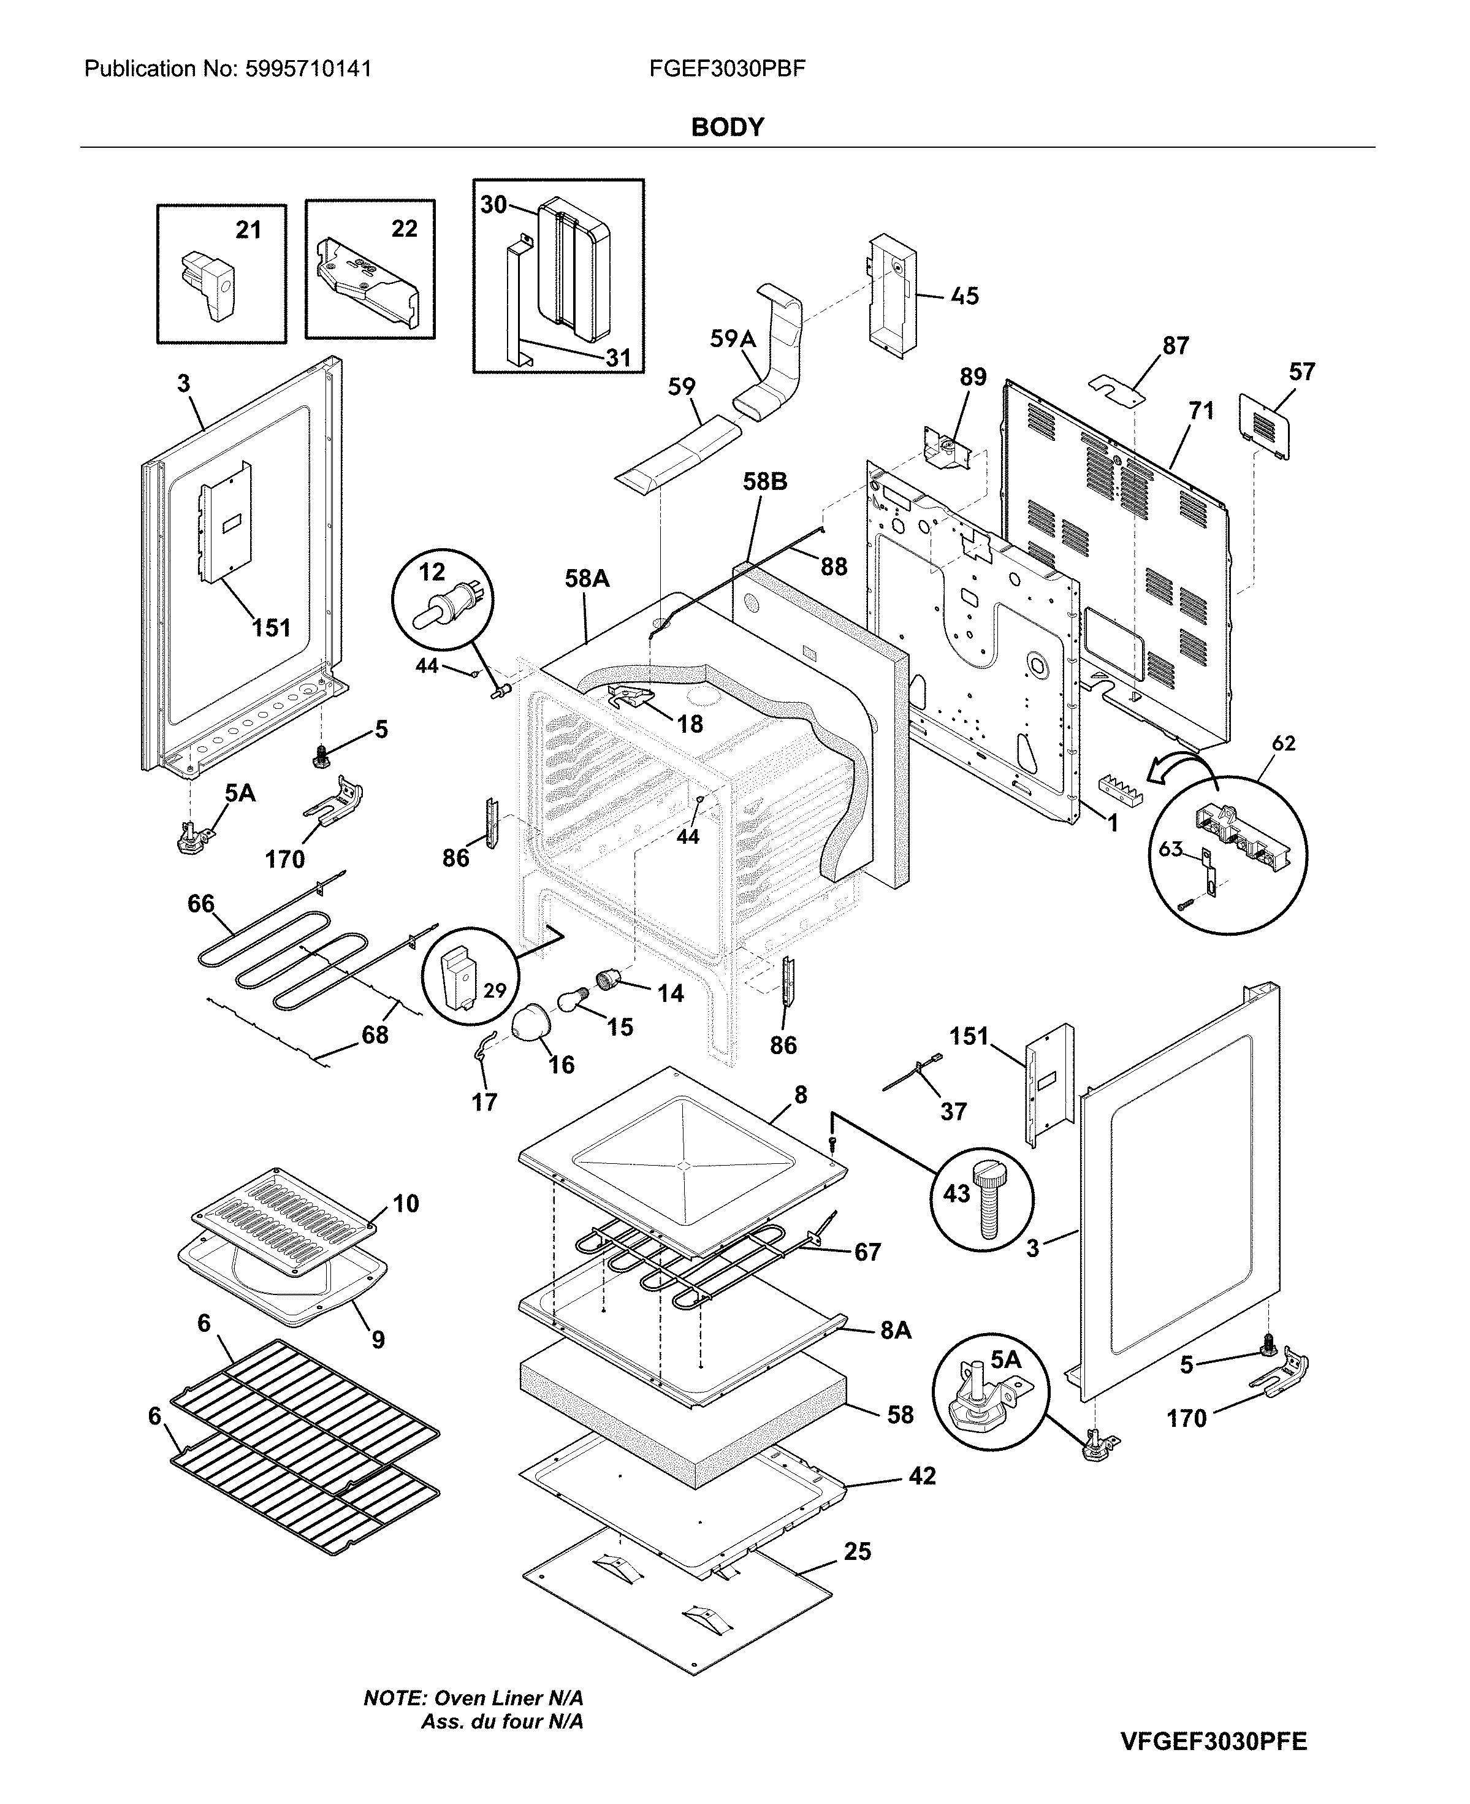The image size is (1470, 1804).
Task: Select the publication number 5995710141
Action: [x=308, y=69]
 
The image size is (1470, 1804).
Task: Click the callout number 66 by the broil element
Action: [x=200, y=904]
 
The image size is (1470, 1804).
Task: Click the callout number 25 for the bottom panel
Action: [x=857, y=1551]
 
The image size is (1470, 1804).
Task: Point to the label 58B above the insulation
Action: [x=764, y=481]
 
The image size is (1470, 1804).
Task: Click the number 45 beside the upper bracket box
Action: [x=964, y=296]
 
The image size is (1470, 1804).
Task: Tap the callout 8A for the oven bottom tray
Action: [x=895, y=1331]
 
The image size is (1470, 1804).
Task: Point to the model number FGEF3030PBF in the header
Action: [x=726, y=69]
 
